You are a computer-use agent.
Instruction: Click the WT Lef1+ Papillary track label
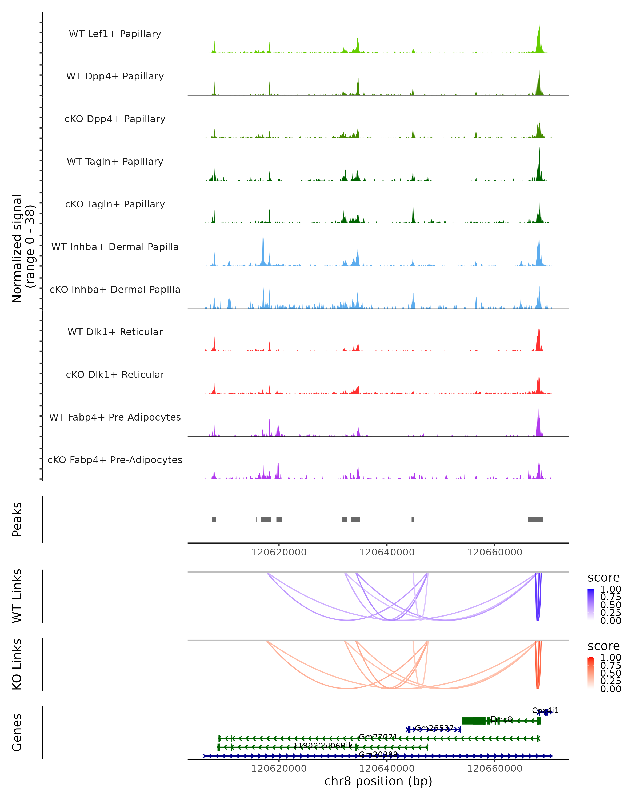click(115, 34)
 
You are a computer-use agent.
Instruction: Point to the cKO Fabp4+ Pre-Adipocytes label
click(115, 460)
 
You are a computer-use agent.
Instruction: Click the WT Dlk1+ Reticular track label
click(115, 332)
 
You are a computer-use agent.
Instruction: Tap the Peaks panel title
click(17, 519)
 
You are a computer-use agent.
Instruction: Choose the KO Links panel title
click(17, 664)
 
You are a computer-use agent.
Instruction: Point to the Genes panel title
click(17, 733)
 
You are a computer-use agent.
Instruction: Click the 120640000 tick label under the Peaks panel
click(387, 552)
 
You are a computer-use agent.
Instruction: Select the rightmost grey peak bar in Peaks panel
click(535, 519)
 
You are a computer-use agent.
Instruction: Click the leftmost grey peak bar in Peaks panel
click(214, 519)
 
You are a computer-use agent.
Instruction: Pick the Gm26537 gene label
click(434, 728)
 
